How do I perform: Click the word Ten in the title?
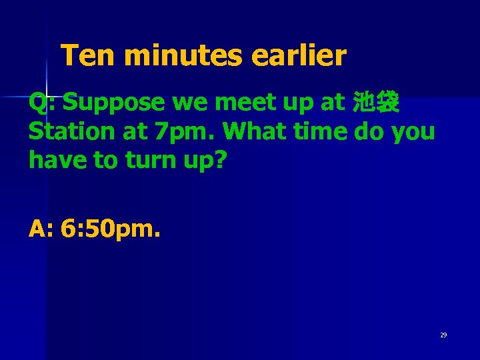point(87,56)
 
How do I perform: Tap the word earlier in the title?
point(299,56)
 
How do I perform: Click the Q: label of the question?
point(42,103)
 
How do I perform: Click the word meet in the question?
point(235,103)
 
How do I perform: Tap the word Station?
point(72,131)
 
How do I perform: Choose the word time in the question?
point(327,131)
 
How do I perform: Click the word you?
point(413,133)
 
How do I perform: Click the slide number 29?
point(443,335)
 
